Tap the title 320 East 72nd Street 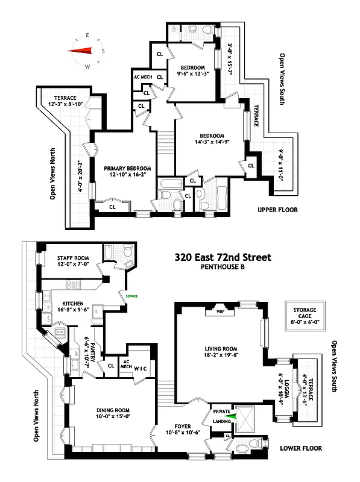pos(223,257)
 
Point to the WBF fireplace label pos(218,312)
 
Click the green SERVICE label pos(131,296)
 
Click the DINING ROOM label pos(104,408)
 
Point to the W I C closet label pos(141,368)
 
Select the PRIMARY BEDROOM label pos(127,168)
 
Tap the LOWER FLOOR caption pos(300,448)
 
